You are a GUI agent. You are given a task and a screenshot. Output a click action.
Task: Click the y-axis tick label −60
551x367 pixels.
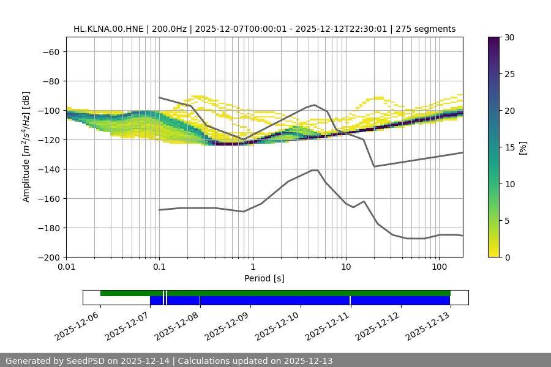[50, 52]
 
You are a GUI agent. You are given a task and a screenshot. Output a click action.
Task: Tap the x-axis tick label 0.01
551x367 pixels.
[66, 267]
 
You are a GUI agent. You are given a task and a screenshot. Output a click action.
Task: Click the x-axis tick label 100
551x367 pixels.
[438, 267]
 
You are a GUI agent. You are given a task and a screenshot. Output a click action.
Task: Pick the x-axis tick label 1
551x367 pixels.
[252, 267]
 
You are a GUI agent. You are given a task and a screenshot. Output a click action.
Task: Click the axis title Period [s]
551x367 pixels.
[264, 278]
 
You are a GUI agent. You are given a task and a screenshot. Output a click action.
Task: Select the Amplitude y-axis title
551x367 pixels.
[26, 147]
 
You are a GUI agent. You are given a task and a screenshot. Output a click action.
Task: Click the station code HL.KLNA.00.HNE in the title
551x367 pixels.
[108, 29]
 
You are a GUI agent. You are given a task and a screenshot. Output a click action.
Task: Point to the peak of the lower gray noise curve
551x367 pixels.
[315, 170]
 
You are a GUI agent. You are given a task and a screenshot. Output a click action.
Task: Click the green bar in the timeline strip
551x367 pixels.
[275, 293]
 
